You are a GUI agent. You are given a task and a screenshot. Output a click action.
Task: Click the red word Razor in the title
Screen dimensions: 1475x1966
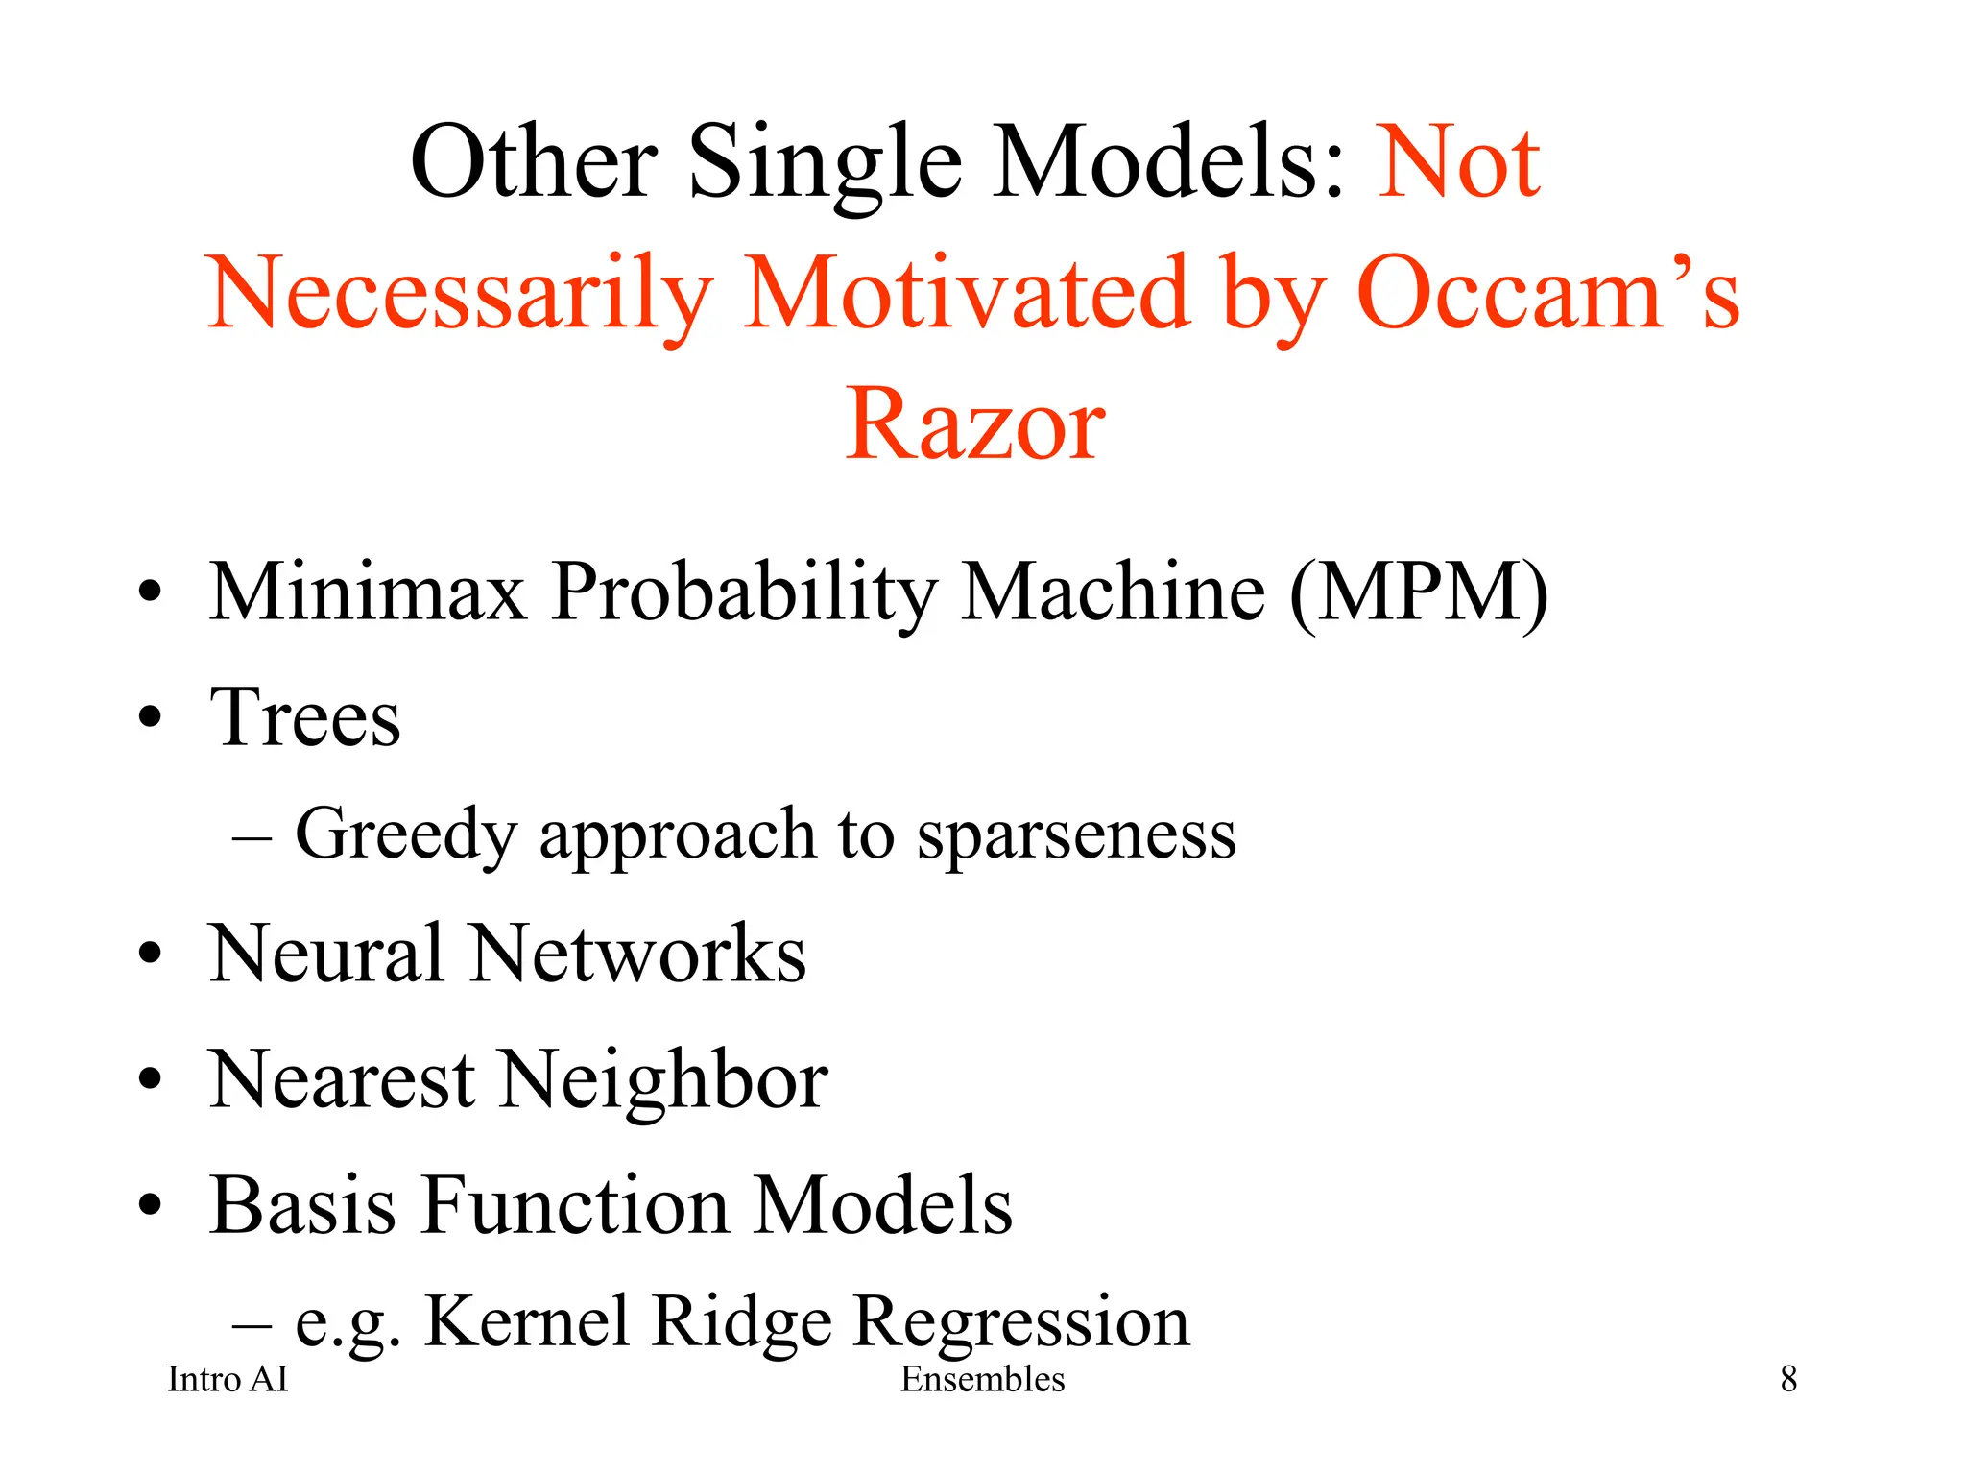tap(975, 424)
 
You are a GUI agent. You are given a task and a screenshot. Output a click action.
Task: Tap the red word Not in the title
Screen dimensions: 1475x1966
tap(1459, 163)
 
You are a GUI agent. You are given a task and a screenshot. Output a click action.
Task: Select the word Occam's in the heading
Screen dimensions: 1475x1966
tap(1547, 293)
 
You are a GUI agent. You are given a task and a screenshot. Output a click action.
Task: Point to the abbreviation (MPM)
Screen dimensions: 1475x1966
tap(1419, 592)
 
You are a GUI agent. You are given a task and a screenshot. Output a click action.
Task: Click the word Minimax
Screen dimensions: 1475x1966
tap(369, 592)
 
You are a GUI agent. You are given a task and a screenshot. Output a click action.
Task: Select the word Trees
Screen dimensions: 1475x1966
tap(305, 718)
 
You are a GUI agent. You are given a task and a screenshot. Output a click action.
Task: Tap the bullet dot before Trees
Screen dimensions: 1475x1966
tap(150, 717)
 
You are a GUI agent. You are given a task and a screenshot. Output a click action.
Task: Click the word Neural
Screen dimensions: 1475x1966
tap(326, 955)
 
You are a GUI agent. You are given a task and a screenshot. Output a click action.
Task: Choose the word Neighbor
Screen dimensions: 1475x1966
tap(664, 1080)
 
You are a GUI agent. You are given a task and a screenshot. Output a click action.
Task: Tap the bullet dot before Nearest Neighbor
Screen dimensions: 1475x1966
tap(150, 1079)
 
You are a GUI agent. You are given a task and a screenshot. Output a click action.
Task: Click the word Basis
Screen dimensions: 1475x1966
tap(302, 1206)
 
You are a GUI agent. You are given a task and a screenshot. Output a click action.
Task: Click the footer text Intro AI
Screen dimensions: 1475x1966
tap(228, 1380)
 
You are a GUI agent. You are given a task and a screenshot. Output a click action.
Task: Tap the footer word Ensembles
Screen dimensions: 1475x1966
tap(982, 1380)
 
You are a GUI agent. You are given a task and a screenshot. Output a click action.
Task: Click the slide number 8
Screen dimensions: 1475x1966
tap(1788, 1380)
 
